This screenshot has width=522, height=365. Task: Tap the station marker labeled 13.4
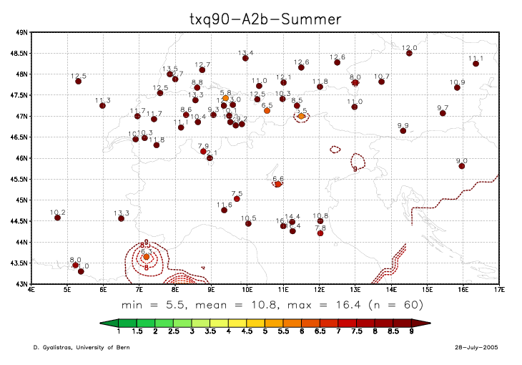245,58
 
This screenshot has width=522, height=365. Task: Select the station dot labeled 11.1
476,64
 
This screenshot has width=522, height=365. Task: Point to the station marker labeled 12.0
409,53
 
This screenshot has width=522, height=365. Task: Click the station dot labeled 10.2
57,218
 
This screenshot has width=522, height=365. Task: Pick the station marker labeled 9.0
462,166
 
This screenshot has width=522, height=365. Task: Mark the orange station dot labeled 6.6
278,184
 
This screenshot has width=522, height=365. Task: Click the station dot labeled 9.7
443,113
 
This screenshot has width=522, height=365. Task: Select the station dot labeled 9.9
403,131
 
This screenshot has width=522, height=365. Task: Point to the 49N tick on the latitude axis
21,32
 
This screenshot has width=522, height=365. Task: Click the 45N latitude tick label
21,200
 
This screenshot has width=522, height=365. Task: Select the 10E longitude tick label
247,290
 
